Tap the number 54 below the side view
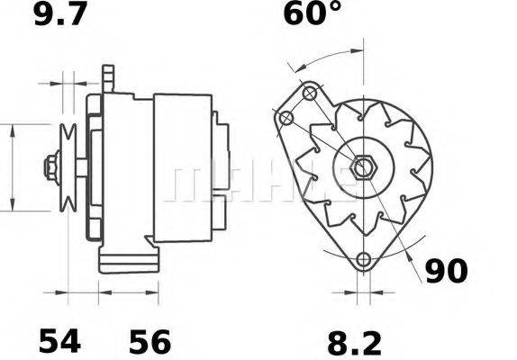[x=59, y=341]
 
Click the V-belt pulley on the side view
[x=68, y=166]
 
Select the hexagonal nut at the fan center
[x=366, y=167]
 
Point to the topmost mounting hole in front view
[x=311, y=93]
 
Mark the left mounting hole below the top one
[x=287, y=120]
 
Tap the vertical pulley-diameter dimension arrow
[x=13, y=166]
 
